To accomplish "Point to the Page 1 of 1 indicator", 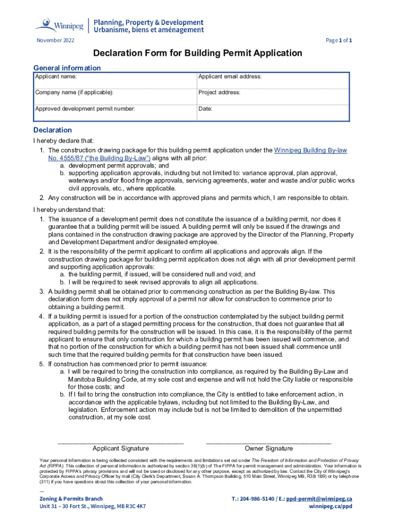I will [338, 40].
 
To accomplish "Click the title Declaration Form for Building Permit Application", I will [197, 53].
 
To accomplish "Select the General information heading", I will [67, 68].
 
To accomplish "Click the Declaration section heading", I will [53, 130].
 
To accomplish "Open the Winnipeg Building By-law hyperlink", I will [310, 150].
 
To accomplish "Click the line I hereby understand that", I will [69, 209].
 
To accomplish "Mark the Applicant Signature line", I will [121, 442].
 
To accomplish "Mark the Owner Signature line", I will [269, 442].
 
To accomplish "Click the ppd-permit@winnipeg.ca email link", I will [319, 498].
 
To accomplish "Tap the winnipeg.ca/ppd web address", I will [331, 506].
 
